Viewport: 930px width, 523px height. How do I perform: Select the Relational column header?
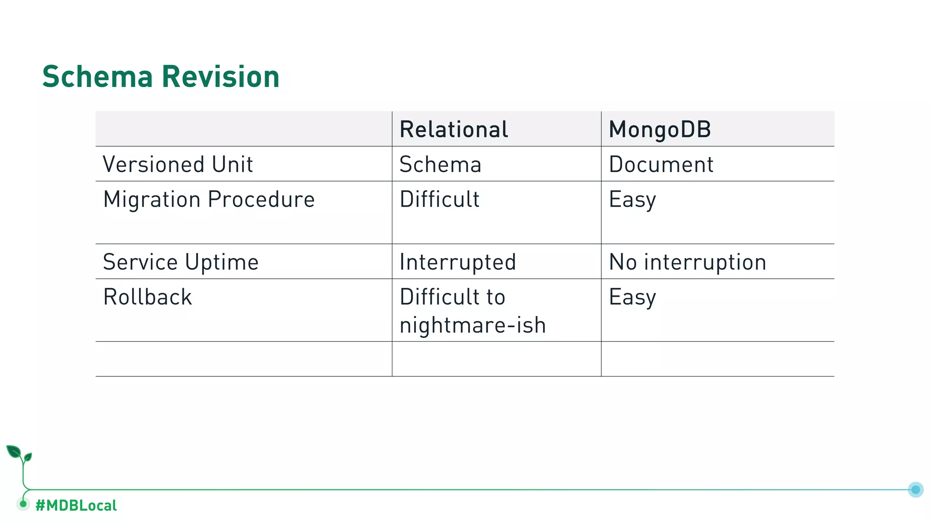pyautogui.click(x=454, y=129)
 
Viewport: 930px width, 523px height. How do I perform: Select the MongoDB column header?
pyautogui.click(x=660, y=129)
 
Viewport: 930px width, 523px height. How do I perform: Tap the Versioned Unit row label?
pyautogui.click(x=178, y=164)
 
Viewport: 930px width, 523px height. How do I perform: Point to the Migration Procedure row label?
pyautogui.click(x=209, y=199)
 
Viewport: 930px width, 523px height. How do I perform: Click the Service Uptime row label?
pyautogui.click(x=181, y=262)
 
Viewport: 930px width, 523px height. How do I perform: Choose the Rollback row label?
pyautogui.click(x=148, y=297)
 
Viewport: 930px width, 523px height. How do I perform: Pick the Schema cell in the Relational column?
pyautogui.click(x=440, y=164)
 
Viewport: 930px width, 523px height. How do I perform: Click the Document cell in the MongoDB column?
pyautogui.click(x=661, y=164)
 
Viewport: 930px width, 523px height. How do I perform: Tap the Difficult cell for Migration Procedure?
pyautogui.click(x=440, y=199)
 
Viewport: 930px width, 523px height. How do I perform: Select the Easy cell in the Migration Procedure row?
pyautogui.click(x=633, y=200)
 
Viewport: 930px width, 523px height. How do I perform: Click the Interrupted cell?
pyautogui.click(x=458, y=262)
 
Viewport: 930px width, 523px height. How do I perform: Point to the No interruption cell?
pyautogui.click(x=688, y=262)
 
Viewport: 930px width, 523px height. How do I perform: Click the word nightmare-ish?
pyautogui.click(x=473, y=325)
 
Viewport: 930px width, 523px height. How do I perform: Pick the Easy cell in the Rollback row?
pyautogui.click(x=633, y=297)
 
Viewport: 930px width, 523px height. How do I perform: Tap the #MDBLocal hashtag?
pyautogui.click(x=76, y=505)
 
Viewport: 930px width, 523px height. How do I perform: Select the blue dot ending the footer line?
pyautogui.click(x=915, y=489)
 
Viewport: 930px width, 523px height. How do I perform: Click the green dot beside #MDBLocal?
pyautogui.click(x=23, y=504)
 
